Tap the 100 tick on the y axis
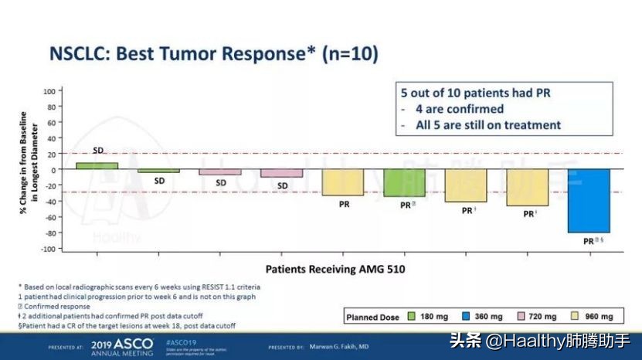(49, 90)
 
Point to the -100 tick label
(46, 249)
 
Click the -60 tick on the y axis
(48, 217)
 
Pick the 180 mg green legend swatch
(412, 317)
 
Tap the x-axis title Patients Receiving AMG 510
(335, 270)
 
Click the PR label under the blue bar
(589, 241)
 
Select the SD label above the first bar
(98, 150)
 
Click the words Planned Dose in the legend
(372, 317)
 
